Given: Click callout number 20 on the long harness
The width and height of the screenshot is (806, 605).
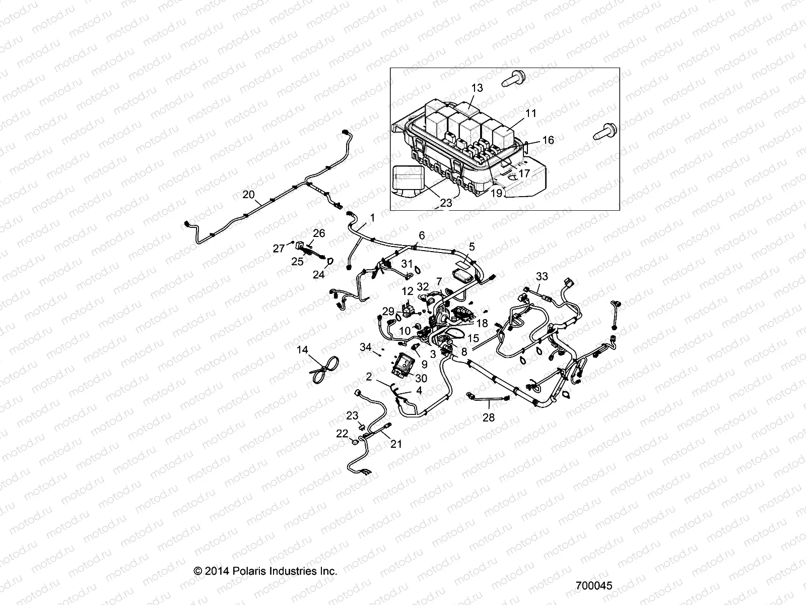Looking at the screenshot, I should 249,194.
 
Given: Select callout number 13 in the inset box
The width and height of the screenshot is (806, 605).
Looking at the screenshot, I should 477,88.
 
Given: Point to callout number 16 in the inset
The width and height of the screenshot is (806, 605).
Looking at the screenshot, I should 548,140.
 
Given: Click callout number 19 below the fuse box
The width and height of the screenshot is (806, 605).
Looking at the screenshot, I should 497,193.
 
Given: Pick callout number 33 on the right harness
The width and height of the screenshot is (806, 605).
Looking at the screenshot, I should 542,276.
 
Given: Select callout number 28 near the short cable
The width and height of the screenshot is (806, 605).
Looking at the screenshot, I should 489,417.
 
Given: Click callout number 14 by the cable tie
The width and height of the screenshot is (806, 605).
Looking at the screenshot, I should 302,349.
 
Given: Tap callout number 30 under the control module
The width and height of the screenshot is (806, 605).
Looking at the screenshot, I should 421,378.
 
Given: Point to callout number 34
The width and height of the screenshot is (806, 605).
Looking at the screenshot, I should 366,347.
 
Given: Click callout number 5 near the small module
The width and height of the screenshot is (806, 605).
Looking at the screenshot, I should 472,247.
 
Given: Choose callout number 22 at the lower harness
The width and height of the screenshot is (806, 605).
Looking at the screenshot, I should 343,434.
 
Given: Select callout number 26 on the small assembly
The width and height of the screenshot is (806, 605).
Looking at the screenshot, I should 319,233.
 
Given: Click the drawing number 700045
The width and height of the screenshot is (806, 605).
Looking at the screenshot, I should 594,586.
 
